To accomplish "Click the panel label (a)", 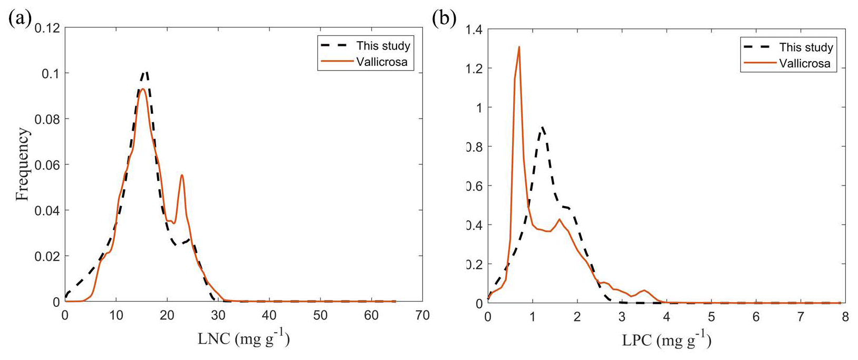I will [20, 20].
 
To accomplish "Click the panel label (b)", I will [444, 20].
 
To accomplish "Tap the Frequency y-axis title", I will [22, 164].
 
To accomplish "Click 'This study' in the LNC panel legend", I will [383, 46].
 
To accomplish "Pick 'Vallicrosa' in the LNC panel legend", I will [382, 62].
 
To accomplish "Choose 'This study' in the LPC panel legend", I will [806, 47].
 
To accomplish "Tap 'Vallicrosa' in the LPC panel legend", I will [805, 64].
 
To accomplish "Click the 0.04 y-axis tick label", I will [47, 211].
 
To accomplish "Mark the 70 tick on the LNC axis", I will [422, 316].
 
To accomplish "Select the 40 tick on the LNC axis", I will [269, 316].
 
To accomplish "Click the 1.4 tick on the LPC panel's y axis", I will [474, 30].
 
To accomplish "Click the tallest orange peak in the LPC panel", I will [519, 47].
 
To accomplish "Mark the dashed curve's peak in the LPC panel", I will [542, 127].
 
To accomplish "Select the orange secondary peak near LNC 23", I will [182, 175].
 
